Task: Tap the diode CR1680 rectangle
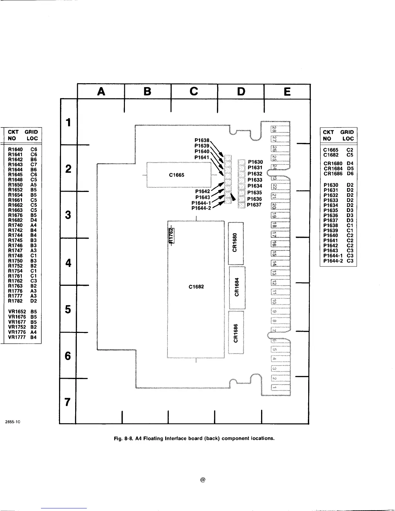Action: point(236,243)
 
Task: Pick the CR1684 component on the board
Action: point(237,287)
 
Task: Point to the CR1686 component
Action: point(236,332)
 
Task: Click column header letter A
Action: point(101,92)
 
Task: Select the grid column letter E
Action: point(287,92)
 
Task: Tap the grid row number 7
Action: point(67,402)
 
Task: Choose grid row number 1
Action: point(68,122)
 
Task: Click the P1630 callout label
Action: point(256,162)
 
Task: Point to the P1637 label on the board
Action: point(254,205)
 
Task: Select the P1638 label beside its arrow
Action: point(202,140)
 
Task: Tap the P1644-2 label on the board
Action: point(201,208)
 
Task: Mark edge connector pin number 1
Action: point(274,386)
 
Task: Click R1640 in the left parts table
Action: point(15,150)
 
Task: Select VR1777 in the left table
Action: point(17,337)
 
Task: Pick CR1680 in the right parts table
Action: point(333,164)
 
